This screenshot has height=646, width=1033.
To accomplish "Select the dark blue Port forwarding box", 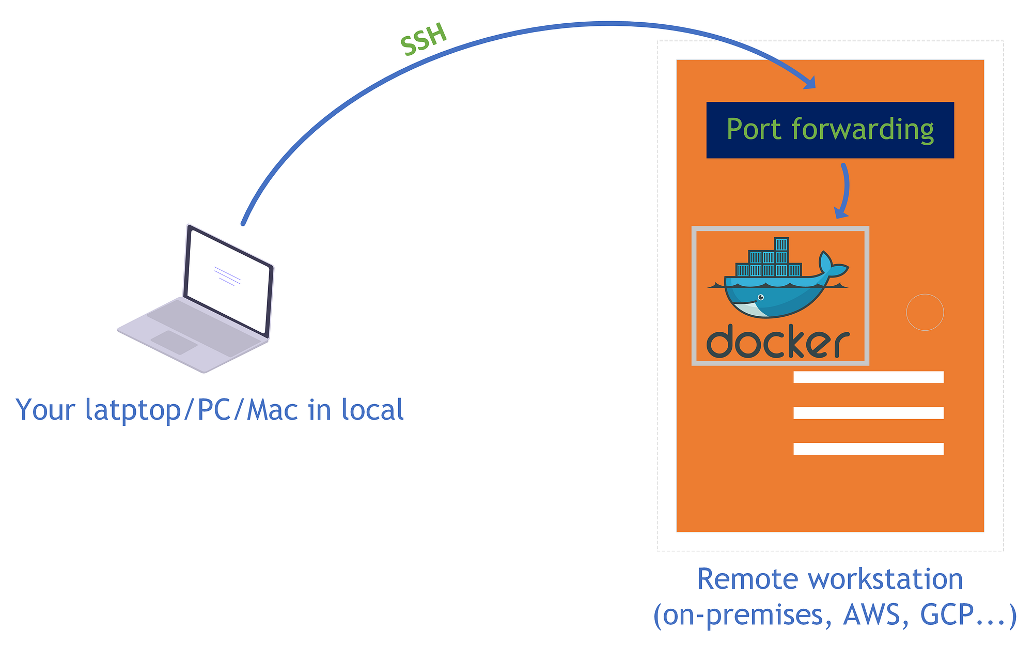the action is [x=830, y=130].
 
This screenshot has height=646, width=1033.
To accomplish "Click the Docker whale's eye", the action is [x=760, y=297].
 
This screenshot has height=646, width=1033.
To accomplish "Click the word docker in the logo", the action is [x=778, y=341].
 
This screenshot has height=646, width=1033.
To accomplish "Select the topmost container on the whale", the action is [x=781, y=244].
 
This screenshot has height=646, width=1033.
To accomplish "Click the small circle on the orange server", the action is [x=925, y=312].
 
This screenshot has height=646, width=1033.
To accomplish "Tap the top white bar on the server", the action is [x=868, y=377].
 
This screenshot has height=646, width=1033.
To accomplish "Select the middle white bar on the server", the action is [x=868, y=413].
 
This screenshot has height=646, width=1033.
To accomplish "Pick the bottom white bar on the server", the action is [x=868, y=449].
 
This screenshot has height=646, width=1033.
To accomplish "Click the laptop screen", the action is [x=228, y=281].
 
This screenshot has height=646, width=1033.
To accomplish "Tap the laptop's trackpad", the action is [x=174, y=342].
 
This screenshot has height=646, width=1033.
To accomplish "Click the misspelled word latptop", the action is [x=133, y=410].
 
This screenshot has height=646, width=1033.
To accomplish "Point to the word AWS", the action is [x=872, y=614].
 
